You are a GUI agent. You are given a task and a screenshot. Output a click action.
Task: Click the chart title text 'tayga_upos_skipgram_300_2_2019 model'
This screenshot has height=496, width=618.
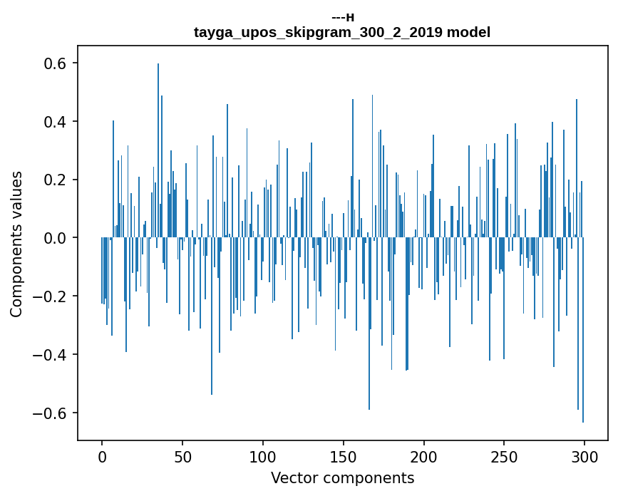(342, 32)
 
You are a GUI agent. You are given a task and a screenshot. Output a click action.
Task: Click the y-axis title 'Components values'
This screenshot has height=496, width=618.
(16, 244)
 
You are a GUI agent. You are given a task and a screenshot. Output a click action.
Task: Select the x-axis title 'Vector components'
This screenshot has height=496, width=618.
(342, 477)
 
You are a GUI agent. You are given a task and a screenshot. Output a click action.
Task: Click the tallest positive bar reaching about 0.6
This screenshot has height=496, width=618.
(158, 143)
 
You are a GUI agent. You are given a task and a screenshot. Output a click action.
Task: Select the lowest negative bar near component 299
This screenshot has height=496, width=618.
(583, 335)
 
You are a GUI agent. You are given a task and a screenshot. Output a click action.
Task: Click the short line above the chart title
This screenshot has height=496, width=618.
(343, 18)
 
